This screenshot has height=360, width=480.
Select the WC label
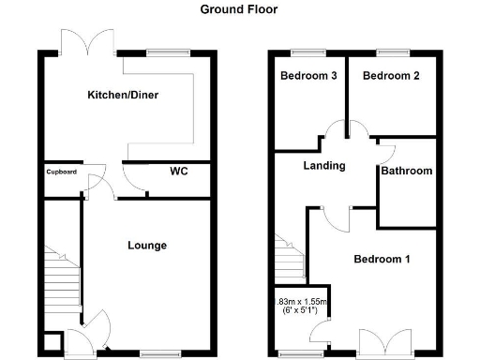click(x=179, y=172)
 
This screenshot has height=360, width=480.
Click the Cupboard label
click(x=61, y=172)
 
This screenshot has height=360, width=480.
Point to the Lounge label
click(x=147, y=246)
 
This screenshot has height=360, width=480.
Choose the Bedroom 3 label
click(x=307, y=76)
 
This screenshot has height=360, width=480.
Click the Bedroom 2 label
click(x=390, y=76)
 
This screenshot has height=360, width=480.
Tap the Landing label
click(x=323, y=166)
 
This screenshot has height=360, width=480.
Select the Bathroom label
click(x=406, y=171)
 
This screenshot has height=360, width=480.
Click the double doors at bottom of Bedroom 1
click(x=385, y=342)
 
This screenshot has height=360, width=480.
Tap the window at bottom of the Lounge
click(x=155, y=353)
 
